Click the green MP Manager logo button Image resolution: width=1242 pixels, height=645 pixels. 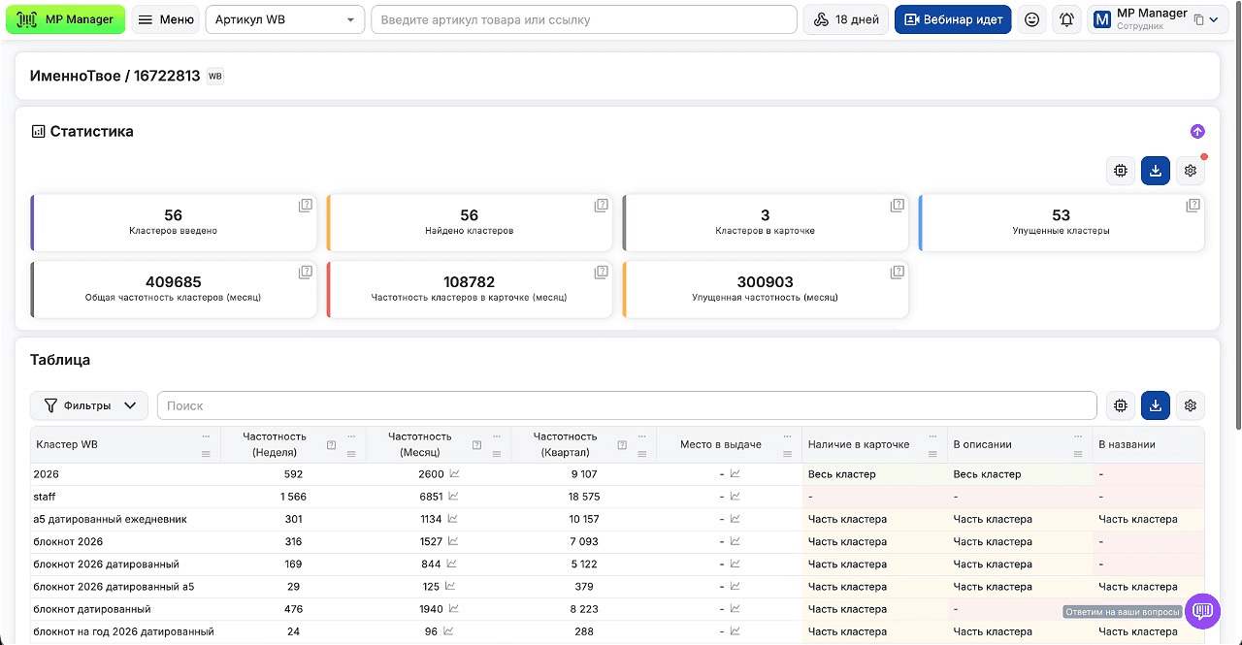(x=65, y=19)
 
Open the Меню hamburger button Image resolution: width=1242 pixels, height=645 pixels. (x=166, y=19)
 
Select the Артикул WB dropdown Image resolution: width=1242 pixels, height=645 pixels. (x=285, y=19)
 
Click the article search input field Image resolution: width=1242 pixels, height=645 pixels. (x=584, y=19)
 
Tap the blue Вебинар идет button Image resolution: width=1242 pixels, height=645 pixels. (x=953, y=19)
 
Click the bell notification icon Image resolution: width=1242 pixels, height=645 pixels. (x=1066, y=19)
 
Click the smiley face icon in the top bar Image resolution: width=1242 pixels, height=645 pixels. (x=1031, y=19)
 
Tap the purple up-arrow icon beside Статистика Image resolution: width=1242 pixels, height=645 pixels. (x=1197, y=131)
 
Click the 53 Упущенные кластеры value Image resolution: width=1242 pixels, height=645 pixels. (x=1061, y=215)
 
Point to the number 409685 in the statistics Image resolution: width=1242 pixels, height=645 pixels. (x=173, y=282)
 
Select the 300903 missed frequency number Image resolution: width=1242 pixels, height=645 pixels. (x=765, y=282)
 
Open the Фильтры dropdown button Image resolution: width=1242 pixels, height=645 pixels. (x=89, y=405)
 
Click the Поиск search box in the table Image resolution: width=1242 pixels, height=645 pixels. (x=627, y=405)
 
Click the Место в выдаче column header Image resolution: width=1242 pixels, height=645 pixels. (x=720, y=444)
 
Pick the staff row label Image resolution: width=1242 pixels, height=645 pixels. (x=45, y=497)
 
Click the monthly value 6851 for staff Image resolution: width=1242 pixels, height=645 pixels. (x=431, y=497)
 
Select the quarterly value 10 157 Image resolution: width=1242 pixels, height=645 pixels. (x=584, y=519)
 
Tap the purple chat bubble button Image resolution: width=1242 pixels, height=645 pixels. (x=1202, y=611)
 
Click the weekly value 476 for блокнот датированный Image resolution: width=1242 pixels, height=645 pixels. (x=293, y=609)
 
